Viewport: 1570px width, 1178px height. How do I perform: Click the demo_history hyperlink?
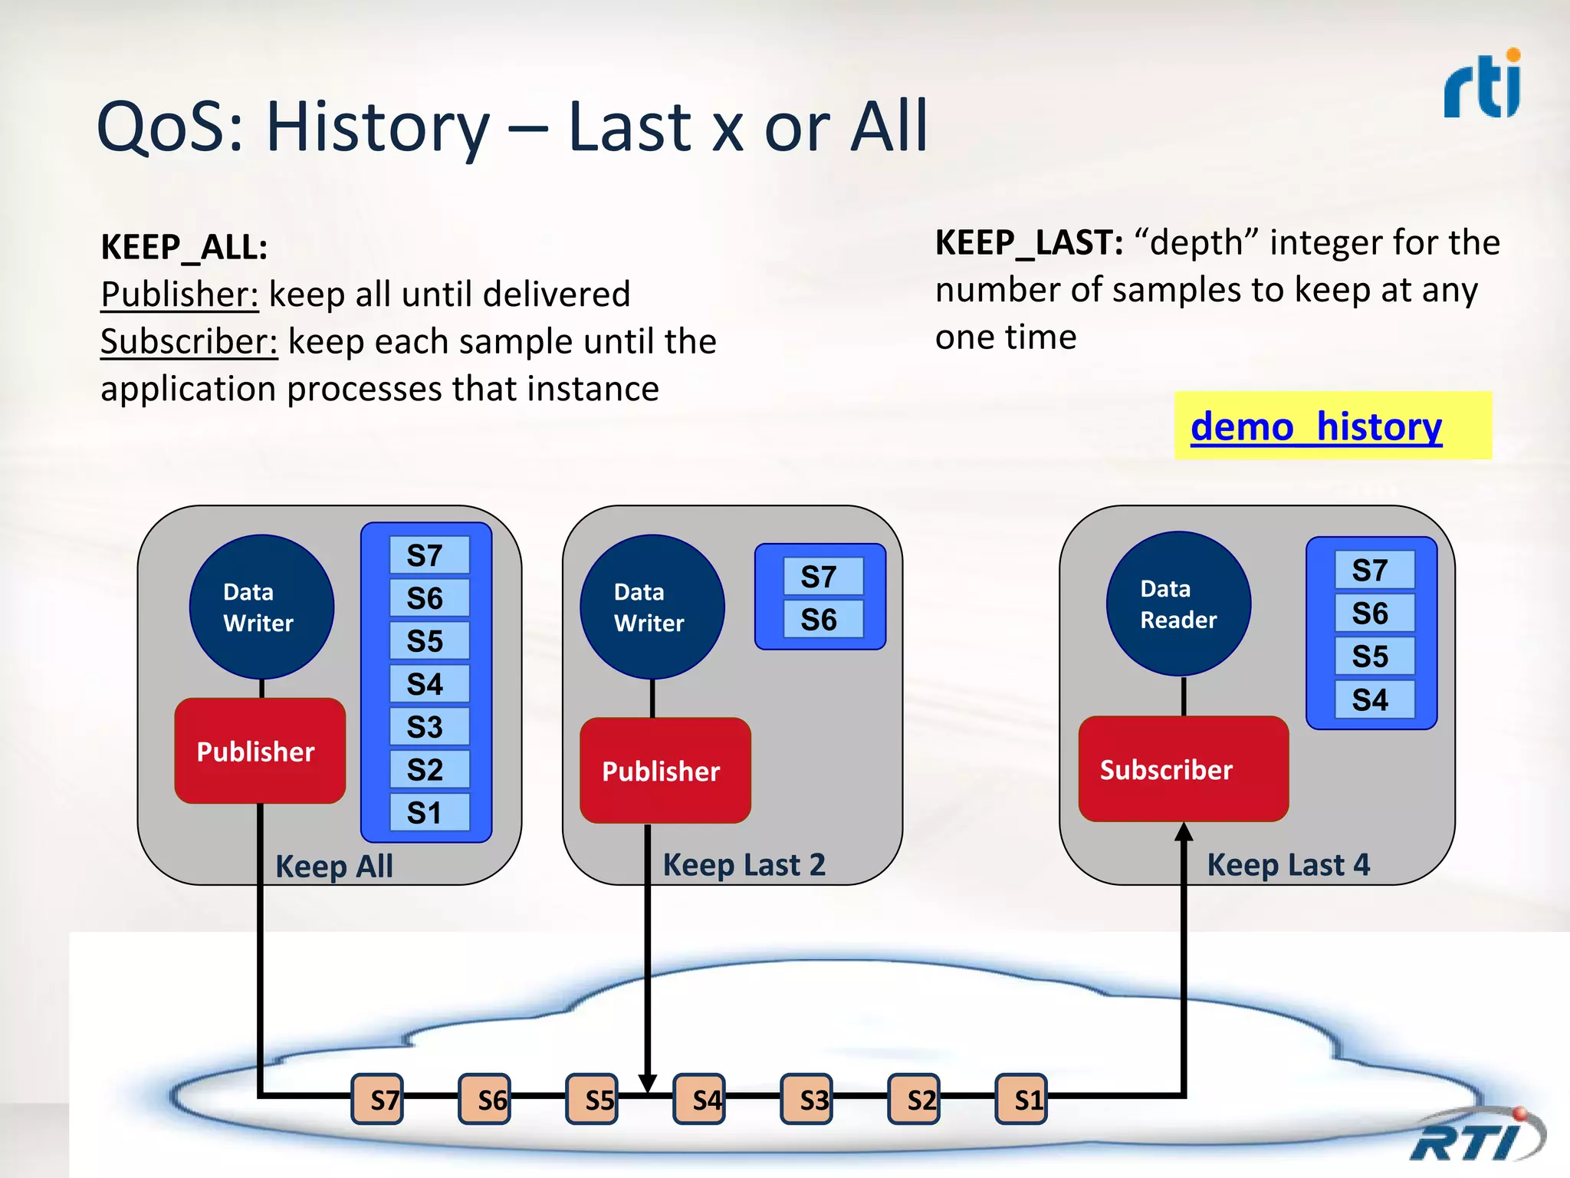tap(1315, 426)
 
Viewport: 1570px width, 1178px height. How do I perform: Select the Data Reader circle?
tap(1178, 604)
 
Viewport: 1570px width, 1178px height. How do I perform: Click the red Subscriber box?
tap(1183, 769)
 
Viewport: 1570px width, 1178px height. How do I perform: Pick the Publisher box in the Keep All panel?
tap(260, 751)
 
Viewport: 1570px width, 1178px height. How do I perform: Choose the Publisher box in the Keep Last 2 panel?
tap(665, 771)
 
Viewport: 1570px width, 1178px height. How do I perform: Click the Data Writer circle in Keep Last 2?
tap(652, 607)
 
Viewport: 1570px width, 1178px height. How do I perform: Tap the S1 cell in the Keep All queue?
tap(429, 813)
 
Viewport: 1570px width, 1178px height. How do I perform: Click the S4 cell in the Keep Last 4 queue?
tap(1374, 699)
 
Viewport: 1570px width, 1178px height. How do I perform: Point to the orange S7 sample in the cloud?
tap(378, 1100)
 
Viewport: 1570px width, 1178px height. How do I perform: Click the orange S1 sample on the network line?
tap(1021, 1100)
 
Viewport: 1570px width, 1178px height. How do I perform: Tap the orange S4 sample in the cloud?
tap(700, 1100)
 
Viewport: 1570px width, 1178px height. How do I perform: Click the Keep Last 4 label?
tap(1288, 865)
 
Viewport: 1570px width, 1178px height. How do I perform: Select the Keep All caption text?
tap(334, 867)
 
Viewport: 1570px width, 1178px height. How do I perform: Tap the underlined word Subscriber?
tap(189, 342)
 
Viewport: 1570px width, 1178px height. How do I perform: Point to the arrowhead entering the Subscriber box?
tap(1184, 832)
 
